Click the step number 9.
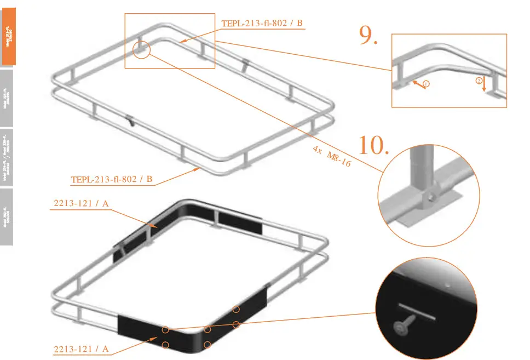[368, 35]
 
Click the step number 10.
[374, 145]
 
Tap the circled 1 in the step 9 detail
[426, 84]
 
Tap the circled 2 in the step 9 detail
[479, 80]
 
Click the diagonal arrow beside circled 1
[417, 83]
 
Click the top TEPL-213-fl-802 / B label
[262, 23]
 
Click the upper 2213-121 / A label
[82, 204]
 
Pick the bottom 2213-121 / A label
[82, 348]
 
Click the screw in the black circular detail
[402, 326]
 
